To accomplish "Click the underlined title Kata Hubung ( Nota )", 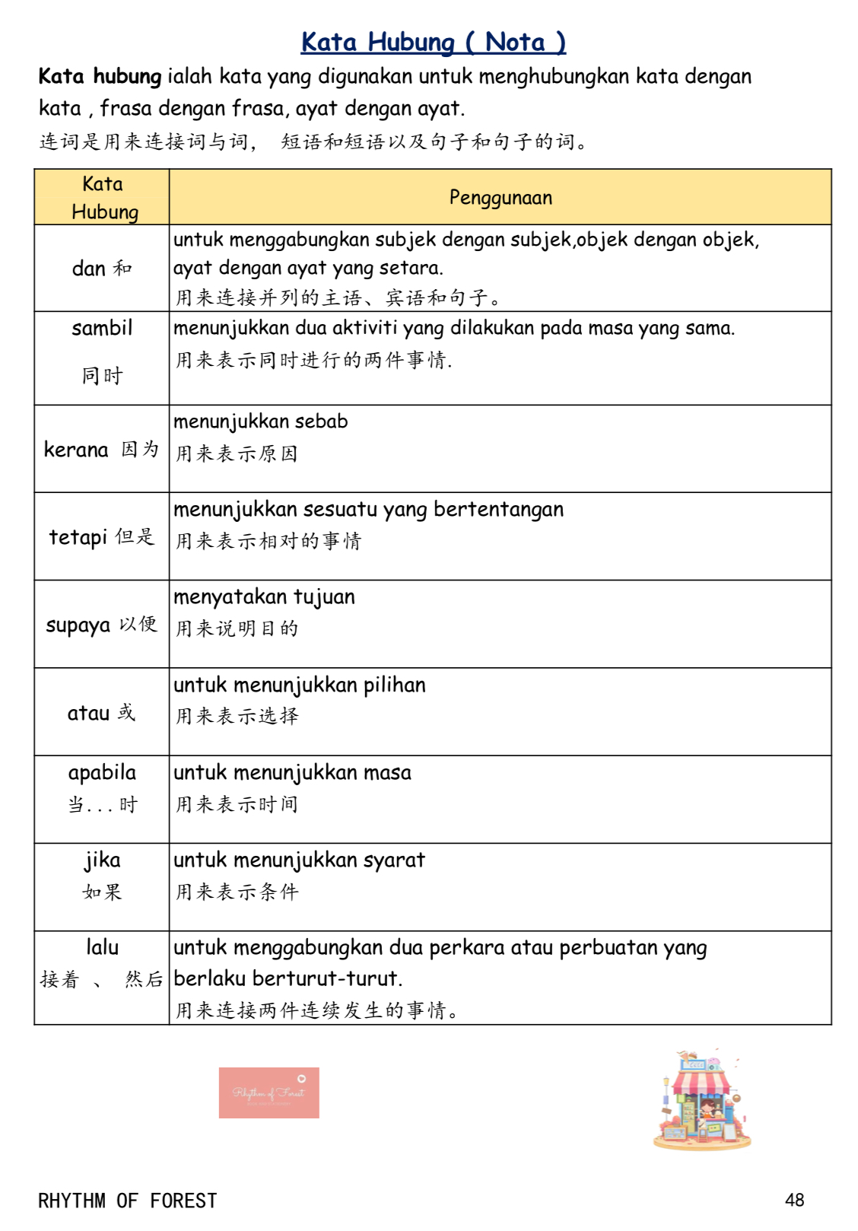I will [433, 42].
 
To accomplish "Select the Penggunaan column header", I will [500, 198].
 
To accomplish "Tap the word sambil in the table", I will [102, 328].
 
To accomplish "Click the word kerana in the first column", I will [76, 450].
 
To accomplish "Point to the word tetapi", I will [78, 537].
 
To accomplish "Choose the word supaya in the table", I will [78, 625].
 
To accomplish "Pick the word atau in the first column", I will [88, 713].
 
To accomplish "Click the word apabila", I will [102, 773].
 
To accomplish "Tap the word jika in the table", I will [102, 860].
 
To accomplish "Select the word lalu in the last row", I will [102, 947].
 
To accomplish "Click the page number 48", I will [794, 1200].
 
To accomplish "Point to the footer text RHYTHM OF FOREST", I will [127, 1201].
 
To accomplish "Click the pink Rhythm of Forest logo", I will [269, 1093].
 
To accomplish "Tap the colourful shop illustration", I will [701, 1101].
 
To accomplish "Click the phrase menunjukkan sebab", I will [260, 421].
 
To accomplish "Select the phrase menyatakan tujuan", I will [264, 596].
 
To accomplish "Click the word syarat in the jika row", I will [393, 860].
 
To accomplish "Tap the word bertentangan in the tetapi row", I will [498, 509].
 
